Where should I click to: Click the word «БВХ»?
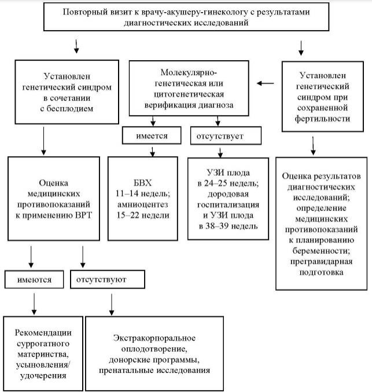(x=142, y=183)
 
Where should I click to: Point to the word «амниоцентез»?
(x=142, y=204)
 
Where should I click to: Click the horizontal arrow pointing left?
(x=266, y=83)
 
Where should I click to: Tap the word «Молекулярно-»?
(x=189, y=72)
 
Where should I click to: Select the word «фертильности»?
(x=322, y=119)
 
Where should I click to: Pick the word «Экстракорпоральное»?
(x=154, y=338)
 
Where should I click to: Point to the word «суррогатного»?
(x=43, y=343)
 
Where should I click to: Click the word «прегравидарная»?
(x=321, y=261)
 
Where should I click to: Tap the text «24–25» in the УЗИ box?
(x=216, y=183)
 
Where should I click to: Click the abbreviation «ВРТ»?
(x=83, y=215)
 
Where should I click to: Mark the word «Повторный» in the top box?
(x=82, y=12)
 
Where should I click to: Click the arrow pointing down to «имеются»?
(x=31, y=257)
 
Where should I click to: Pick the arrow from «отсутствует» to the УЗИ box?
(x=220, y=153)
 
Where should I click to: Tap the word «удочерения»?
(x=43, y=376)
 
